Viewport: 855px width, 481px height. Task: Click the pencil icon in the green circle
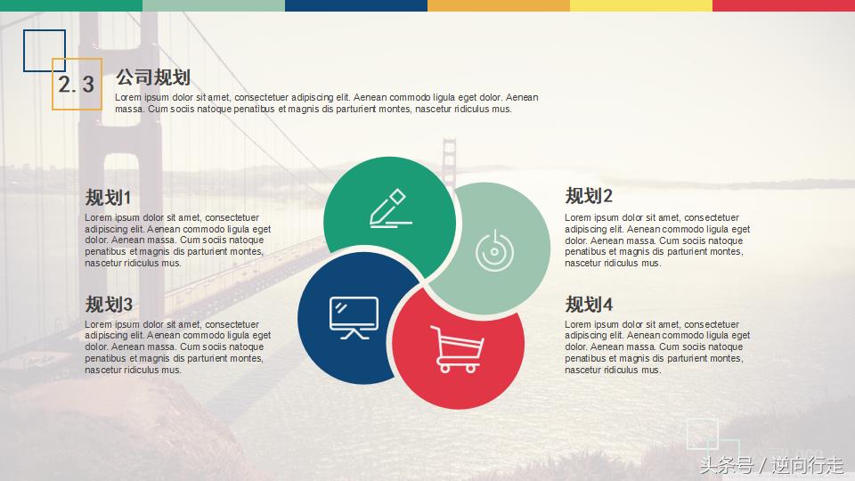(x=390, y=208)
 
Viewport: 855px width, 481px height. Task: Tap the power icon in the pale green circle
(x=495, y=250)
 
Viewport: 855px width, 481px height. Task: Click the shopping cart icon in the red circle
(x=457, y=348)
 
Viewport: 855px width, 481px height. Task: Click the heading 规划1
(x=108, y=197)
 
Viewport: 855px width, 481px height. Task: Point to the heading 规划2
(x=589, y=196)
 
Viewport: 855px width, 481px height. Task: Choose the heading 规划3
(x=109, y=304)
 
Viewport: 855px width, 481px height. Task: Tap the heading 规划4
(x=589, y=304)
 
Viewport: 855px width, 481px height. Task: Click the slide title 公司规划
(x=152, y=77)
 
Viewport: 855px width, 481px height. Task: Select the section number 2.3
(x=77, y=85)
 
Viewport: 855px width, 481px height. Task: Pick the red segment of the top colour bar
(x=784, y=5)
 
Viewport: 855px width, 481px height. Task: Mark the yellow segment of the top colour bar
(x=641, y=5)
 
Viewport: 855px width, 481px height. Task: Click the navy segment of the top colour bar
(x=356, y=5)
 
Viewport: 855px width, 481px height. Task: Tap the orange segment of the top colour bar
(x=499, y=5)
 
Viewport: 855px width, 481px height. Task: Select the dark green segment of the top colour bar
(x=71, y=5)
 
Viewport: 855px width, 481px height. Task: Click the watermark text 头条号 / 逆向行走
(x=771, y=465)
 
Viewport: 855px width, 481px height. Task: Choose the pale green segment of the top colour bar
(x=214, y=5)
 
